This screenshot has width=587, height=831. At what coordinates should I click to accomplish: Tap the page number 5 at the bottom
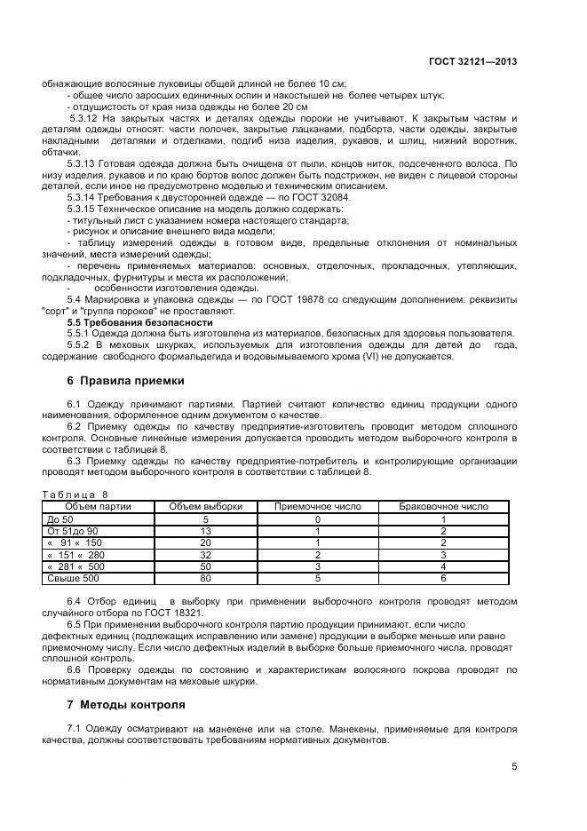point(514,767)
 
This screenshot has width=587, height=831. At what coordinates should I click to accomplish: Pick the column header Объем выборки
point(205,506)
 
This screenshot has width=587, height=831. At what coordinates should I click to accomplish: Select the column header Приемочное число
point(317,506)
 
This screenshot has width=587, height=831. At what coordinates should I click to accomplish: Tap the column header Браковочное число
point(443,506)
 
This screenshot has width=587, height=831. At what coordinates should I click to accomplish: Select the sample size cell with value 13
point(205,530)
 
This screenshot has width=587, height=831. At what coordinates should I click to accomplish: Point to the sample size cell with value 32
point(205,555)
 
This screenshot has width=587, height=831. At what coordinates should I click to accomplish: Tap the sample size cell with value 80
point(205,579)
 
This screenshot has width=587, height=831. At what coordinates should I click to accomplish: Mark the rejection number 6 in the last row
point(443,579)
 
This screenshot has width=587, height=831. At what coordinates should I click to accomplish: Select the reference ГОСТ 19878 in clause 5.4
point(297,299)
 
